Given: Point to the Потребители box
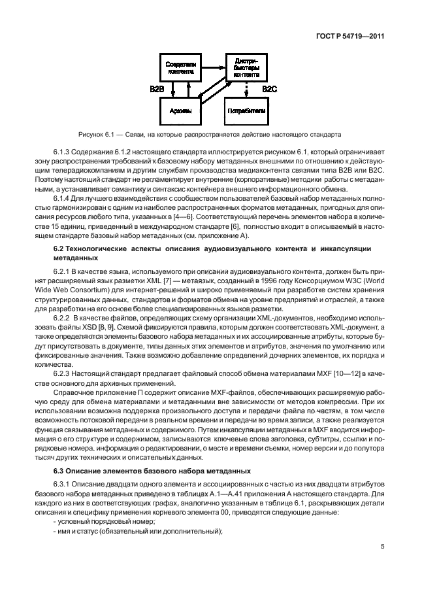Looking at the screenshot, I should [x=246, y=112].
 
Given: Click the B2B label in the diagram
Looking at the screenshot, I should [x=157, y=89].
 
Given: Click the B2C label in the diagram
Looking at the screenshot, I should [x=269, y=89].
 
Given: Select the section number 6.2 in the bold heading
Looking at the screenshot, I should [x=58, y=248].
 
